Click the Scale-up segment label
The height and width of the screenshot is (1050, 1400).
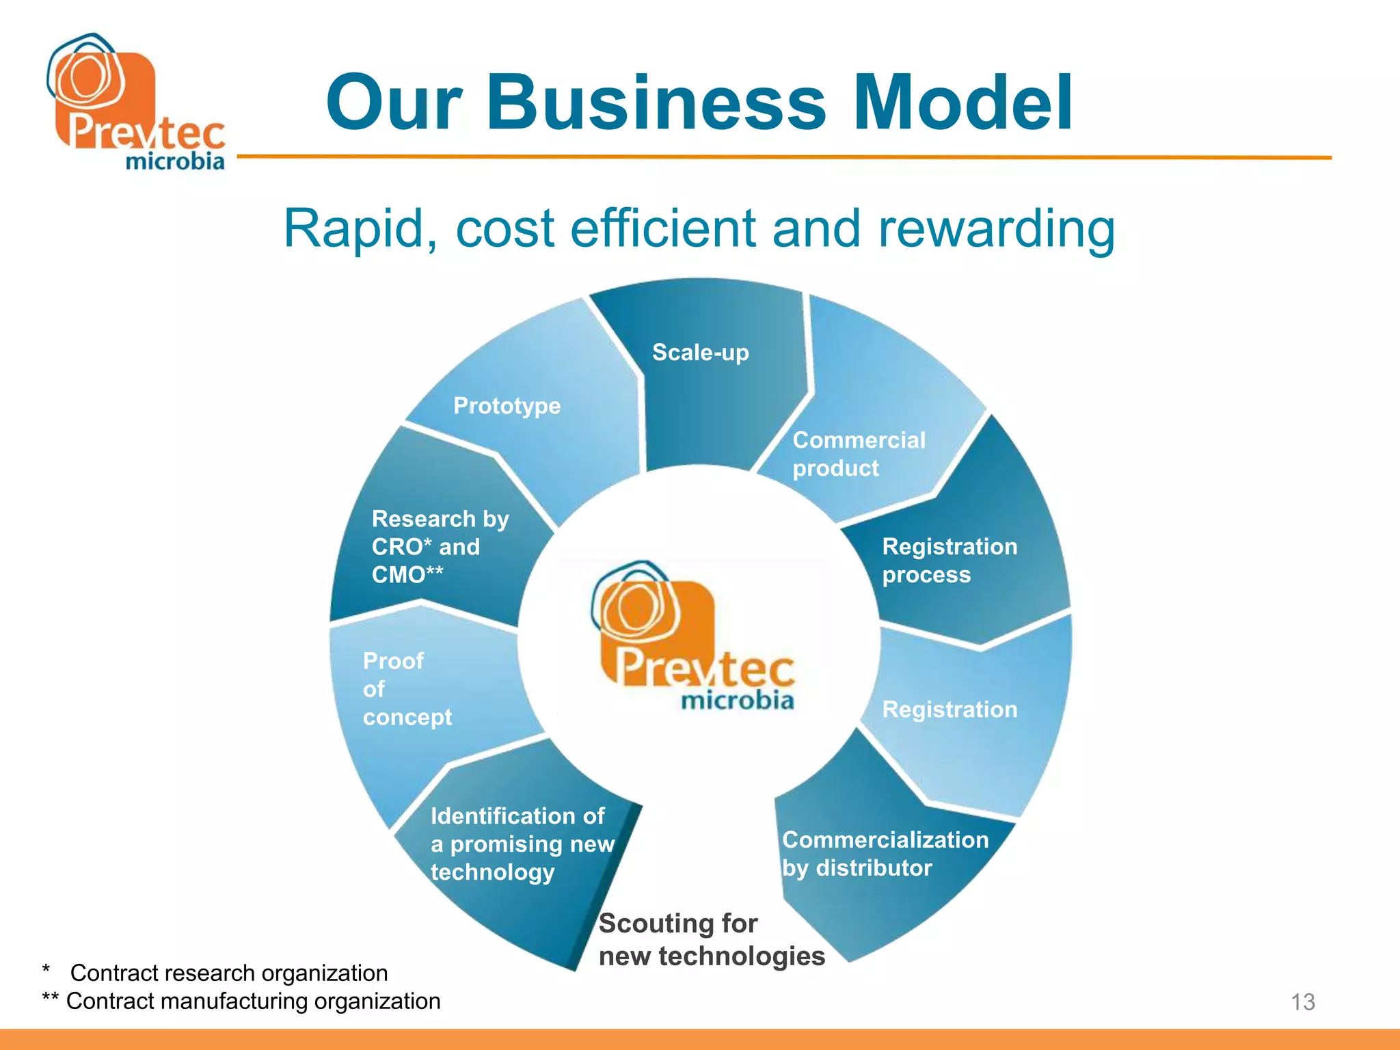click(x=700, y=353)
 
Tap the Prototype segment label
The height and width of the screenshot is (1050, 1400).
click(x=507, y=406)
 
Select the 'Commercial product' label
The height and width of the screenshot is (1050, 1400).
click(x=858, y=454)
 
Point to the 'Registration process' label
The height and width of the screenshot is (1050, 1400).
click(x=949, y=561)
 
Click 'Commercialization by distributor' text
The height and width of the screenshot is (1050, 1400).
click(x=885, y=854)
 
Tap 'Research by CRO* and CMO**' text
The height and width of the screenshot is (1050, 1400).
click(x=440, y=547)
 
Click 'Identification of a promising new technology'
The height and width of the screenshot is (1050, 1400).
click(x=522, y=844)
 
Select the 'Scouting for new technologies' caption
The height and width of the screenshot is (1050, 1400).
click(x=711, y=940)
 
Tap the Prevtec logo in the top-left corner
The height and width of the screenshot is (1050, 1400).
click(x=135, y=103)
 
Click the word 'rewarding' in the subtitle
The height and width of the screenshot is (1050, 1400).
click(x=996, y=230)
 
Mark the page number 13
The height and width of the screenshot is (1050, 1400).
click(x=1302, y=1002)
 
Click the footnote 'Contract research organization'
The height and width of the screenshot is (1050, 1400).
click(x=229, y=973)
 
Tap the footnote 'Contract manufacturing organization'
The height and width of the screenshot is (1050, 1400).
click(x=253, y=1001)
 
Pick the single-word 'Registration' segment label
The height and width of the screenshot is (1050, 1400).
click(x=949, y=710)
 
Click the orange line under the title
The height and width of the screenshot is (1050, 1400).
click(x=783, y=157)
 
